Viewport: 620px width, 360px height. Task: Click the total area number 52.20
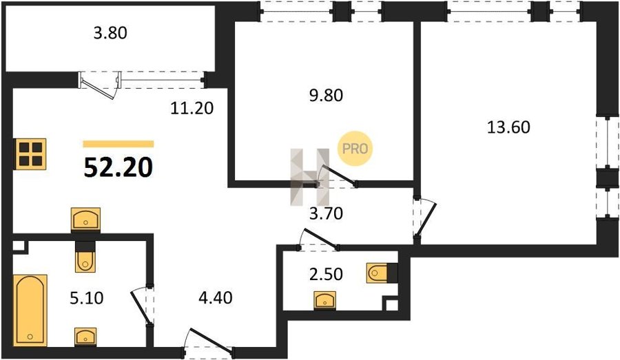point(118,167)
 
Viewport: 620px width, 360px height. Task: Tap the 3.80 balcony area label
point(110,33)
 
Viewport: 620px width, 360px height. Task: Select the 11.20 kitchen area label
point(192,108)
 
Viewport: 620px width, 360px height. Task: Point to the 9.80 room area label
point(326,95)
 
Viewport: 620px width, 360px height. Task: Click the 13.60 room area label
point(508,127)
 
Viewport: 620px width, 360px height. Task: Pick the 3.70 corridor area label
point(326,214)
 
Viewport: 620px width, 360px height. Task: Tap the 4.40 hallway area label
point(215,297)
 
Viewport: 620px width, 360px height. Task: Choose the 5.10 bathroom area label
point(87,297)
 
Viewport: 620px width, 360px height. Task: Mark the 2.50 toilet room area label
point(326,274)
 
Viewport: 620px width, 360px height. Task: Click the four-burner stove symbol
point(30,154)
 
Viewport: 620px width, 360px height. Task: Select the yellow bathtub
point(30,310)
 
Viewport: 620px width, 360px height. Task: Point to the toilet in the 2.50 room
point(382,273)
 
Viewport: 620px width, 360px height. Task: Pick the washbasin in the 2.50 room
point(325,300)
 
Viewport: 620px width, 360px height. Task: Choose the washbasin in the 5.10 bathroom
point(85,337)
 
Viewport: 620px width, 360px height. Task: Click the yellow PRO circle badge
point(355,149)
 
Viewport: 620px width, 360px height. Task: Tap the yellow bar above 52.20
point(118,144)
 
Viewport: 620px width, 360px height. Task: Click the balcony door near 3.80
point(99,84)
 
